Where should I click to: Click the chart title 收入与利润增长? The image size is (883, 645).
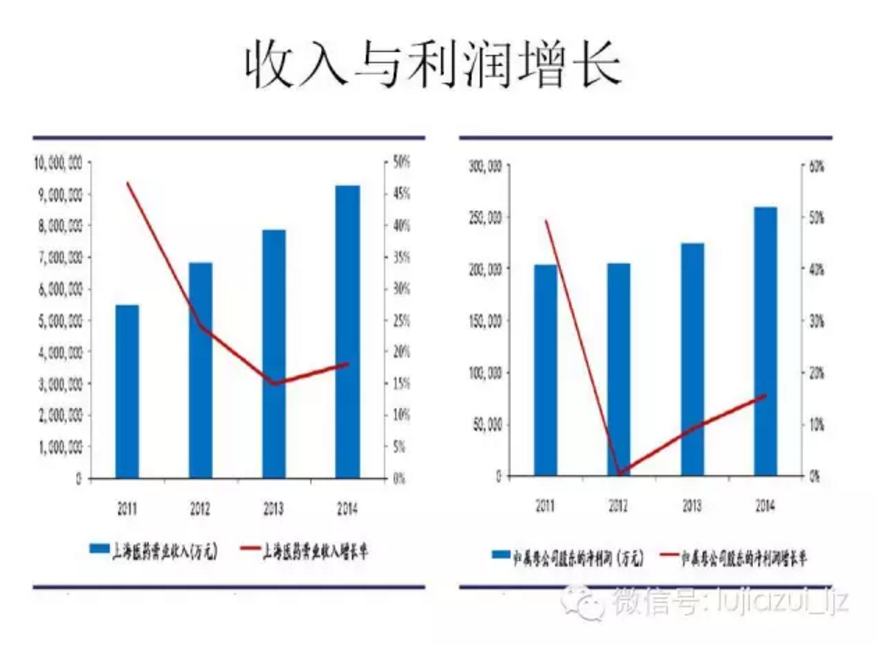pos(434,63)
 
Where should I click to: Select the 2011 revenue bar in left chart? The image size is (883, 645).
pos(127,391)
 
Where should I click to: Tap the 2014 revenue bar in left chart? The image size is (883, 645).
pos(347,332)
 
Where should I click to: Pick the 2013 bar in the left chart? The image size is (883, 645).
pos(274,354)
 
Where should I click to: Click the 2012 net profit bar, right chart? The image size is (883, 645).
pos(619,369)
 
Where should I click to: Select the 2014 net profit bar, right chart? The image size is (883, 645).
pos(765,341)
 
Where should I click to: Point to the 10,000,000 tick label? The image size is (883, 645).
pos(58,163)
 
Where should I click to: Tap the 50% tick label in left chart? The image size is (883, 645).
pos(402,162)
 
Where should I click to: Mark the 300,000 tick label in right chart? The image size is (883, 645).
pos(485,166)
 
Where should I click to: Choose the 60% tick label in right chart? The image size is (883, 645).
pos(817,166)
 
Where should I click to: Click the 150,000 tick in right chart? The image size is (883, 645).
pos(485,321)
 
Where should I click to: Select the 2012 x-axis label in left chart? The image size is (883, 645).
pos(200,508)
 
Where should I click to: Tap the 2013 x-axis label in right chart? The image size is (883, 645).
pos(692,506)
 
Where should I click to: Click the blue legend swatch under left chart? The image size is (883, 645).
pos(99,549)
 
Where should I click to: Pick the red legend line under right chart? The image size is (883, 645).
pos(669,555)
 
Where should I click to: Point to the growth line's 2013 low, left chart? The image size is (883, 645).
pos(274,383)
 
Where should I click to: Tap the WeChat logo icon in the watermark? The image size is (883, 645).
pos(583,601)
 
